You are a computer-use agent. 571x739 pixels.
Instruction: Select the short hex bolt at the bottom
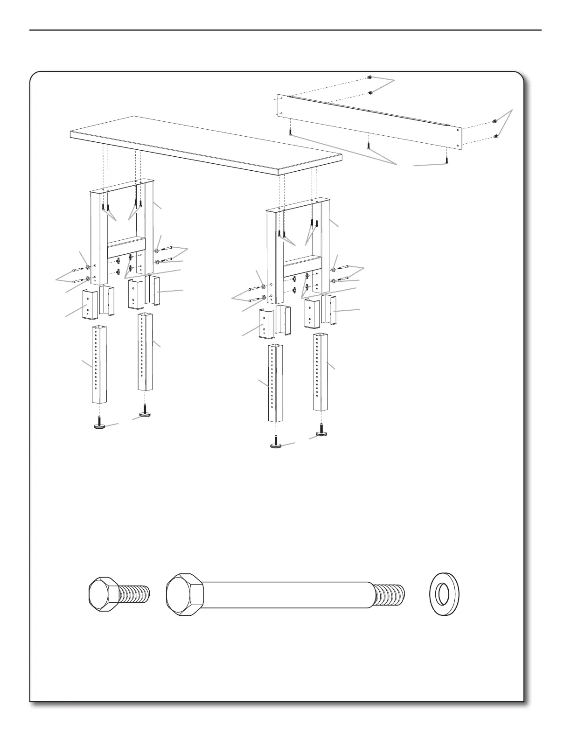click(x=118, y=596)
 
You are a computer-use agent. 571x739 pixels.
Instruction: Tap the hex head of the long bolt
click(x=185, y=596)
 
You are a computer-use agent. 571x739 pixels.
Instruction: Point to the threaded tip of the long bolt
click(x=390, y=596)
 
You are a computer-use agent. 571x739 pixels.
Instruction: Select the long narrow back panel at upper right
click(x=369, y=120)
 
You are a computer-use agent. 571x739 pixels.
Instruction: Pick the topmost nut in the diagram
click(x=369, y=77)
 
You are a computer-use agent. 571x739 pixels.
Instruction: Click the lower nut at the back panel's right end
click(x=496, y=136)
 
